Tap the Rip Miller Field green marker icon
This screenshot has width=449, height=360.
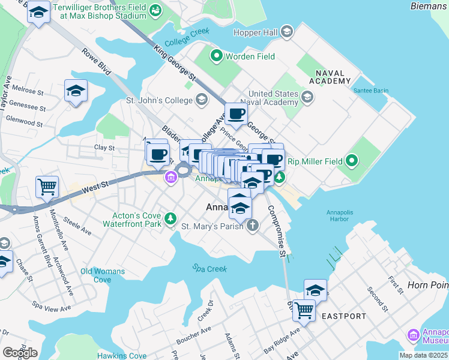point(352,161)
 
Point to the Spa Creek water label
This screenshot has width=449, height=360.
point(209,268)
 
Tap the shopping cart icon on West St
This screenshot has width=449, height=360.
point(47,187)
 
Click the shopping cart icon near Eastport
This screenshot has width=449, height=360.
point(304,311)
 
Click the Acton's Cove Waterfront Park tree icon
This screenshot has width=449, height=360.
point(172,218)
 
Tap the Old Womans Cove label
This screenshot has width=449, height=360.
point(103,275)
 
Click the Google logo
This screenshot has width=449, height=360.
point(20,352)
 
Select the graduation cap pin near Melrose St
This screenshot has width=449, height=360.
point(76,91)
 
